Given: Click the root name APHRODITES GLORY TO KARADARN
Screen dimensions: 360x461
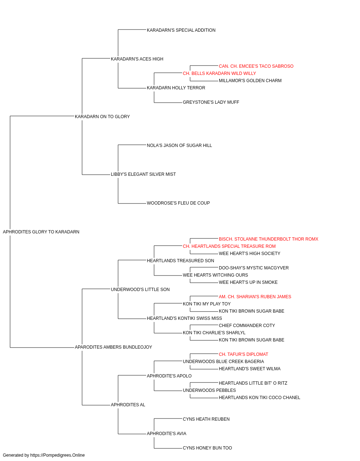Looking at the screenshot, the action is click(x=41, y=232).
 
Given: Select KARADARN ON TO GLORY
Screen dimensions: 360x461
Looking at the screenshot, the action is click(x=102, y=116).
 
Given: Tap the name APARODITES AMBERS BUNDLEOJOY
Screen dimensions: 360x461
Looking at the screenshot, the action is click(x=113, y=347).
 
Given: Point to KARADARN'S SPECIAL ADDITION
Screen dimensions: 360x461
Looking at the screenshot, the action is click(x=181, y=30).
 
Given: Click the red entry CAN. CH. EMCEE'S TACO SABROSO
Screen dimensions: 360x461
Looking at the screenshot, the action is click(x=256, y=66).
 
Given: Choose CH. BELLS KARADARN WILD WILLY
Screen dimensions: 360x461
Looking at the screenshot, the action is click(x=220, y=73).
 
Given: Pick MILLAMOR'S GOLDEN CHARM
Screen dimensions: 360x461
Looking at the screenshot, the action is click(x=250, y=81).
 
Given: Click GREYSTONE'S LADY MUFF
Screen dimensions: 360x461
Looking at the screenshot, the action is click(x=211, y=102).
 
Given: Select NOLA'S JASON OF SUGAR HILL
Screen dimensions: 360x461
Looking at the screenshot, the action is click(x=179, y=145).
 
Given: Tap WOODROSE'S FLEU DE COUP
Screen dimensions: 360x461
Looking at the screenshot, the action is click(x=178, y=203).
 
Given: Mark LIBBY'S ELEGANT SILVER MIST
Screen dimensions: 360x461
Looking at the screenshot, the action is click(x=143, y=174).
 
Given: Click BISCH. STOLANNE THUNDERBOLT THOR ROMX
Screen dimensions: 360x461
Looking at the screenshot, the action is click(x=269, y=239).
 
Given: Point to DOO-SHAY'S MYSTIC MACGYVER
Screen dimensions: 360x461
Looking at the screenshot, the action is click(x=254, y=268).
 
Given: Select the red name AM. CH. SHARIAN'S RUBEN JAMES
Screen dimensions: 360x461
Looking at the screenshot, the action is click(x=255, y=296).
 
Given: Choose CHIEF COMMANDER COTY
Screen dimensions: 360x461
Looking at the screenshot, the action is click(x=247, y=325).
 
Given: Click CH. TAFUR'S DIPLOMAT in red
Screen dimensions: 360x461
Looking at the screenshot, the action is click(x=243, y=354).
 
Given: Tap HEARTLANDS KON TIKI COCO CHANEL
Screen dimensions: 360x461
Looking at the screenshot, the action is click(x=260, y=397).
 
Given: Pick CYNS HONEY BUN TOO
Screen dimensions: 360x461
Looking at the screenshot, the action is click(x=207, y=448).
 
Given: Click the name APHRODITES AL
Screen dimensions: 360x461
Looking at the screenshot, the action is click(x=128, y=404).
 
